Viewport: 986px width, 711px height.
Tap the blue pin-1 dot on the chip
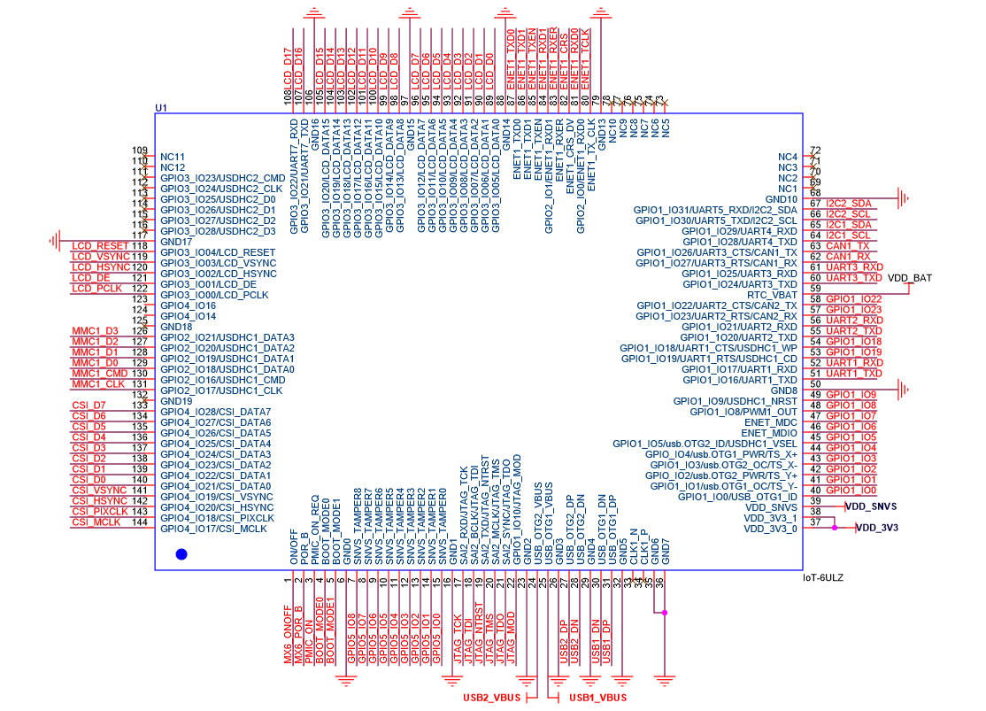tap(181, 554)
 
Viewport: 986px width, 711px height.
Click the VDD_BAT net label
tap(910, 278)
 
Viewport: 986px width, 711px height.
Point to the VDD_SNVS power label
tap(871, 506)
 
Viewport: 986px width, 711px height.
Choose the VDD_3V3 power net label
tap(877, 529)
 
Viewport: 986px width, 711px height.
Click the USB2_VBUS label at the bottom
tap(493, 698)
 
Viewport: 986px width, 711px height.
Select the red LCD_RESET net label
tap(100, 245)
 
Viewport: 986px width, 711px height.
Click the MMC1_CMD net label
tap(98, 373)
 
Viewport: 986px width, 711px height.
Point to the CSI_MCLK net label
tap(96, 522)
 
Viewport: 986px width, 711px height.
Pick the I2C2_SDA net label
tap(848, 204)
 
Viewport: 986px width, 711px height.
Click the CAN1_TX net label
tap(847, 246)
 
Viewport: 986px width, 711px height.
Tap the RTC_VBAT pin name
tap(772, 295)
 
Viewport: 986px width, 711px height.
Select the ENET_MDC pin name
tap(770, 422)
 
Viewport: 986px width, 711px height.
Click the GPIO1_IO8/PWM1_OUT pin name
tap(743, 412)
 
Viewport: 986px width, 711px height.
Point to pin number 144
tap(139, 522)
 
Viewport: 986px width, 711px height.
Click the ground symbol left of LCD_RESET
tap(54, 241)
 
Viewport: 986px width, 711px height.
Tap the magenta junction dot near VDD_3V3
tap(834, 529)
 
